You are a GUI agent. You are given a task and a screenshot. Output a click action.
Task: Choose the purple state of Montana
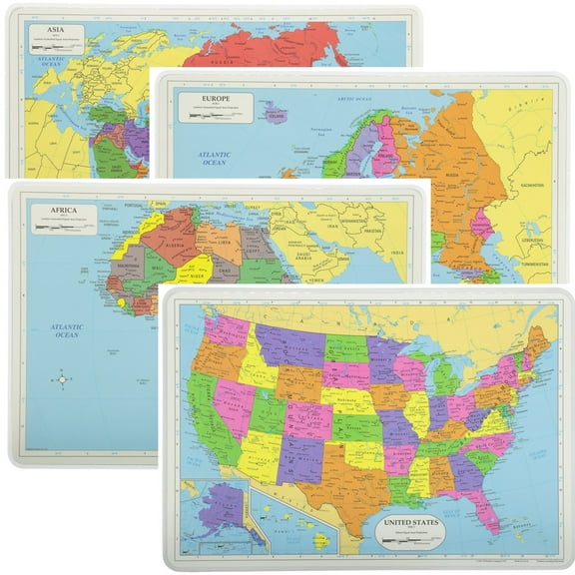point(288,339)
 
